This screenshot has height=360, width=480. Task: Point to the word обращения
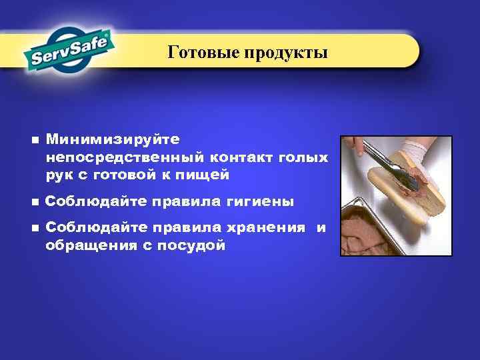(x=92, y=245)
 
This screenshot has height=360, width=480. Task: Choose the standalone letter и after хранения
(x=321, y=228)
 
